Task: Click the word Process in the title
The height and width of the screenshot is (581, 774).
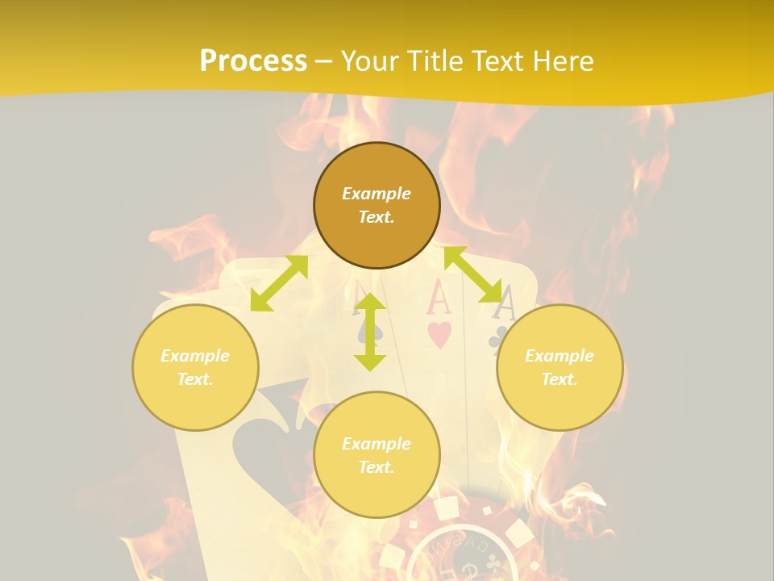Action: pyautogui.click(x=253, y=61)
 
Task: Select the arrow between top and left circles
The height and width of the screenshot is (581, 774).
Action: pyautogui.click(x=279, y=283)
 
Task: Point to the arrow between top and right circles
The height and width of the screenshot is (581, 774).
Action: pyautogui.click(x=472, y=274)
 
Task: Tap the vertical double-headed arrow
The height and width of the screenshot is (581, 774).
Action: pyautogui.click(x=370, y=332)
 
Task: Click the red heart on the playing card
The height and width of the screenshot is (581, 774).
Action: pyautogui.click(x=439, y=335)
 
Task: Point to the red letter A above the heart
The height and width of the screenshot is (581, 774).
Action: pyautogui.click(x=438, y=299)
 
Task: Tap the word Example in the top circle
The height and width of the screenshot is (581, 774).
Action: pyautogui.click(x=377, y=194)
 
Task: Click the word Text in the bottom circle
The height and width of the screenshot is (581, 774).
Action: pyautogui.click(x=377, y=467)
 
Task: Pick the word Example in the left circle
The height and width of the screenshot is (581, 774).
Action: pyautogui.click(x=195, y=356)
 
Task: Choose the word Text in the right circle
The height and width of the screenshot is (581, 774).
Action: pyautogui.click(x=560, y=379)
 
